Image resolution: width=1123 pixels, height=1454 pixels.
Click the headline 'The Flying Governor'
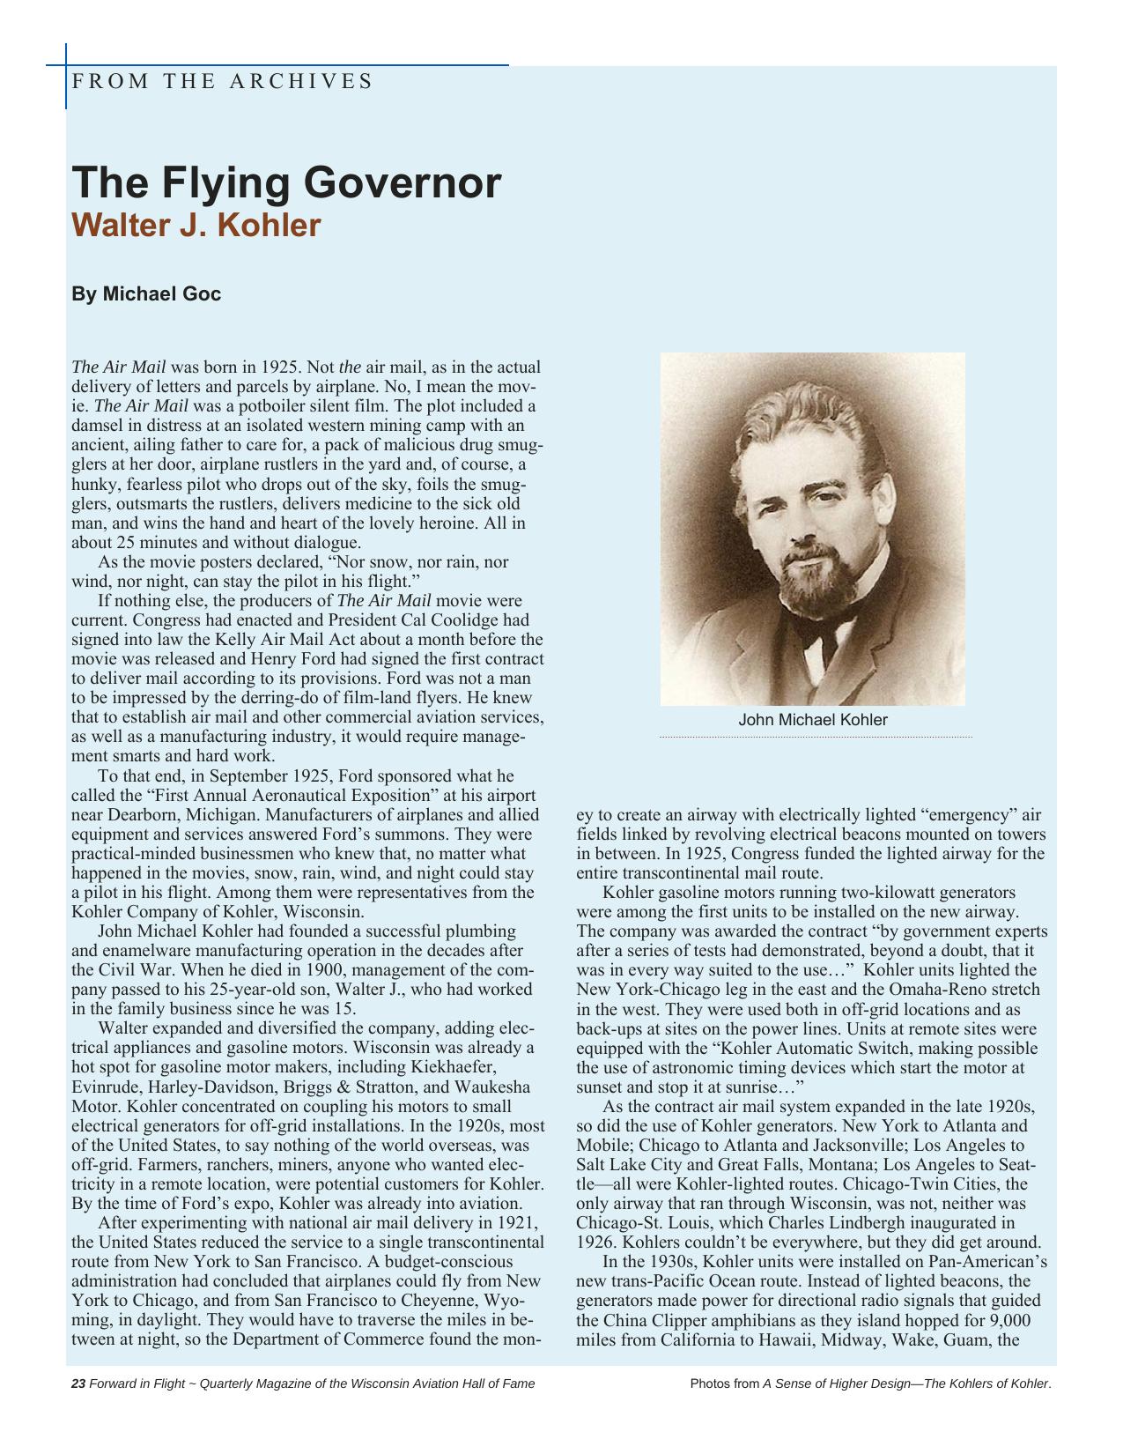286,182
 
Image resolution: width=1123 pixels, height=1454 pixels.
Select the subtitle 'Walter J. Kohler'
196,226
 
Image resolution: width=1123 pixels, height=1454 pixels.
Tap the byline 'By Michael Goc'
146,294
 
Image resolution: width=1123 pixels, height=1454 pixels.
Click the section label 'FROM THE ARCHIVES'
222,82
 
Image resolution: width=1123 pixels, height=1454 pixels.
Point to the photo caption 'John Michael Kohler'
812,720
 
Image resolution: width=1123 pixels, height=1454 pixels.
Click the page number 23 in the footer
78,1384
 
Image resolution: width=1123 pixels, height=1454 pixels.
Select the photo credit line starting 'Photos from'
870,1384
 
